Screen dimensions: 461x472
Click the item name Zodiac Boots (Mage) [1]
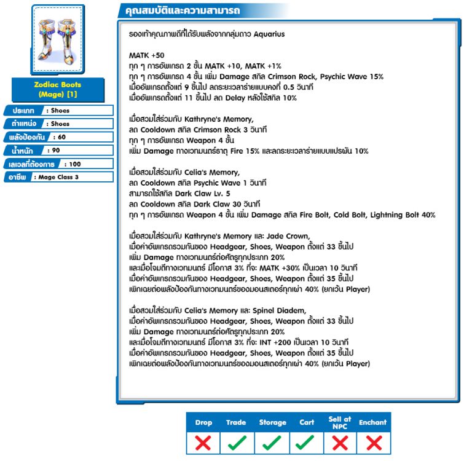tap(58, 90)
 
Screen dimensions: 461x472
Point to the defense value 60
tap(61, 137)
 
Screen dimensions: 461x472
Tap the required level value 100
tap(74, 164)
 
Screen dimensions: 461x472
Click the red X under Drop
tap(203, 442)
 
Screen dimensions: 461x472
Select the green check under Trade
tap(237, 442)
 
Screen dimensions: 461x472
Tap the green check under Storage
tap(272, 442)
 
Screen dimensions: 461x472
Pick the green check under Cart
tap(306, 442)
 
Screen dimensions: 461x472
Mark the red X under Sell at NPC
tap(340, 442)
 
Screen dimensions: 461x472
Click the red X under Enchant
tap(373, 442)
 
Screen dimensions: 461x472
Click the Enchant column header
tap(373, 422)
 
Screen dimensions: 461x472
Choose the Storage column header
tap(272, 422)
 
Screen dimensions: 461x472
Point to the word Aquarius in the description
tap(269, 34)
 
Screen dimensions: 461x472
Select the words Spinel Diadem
tap(279, 310)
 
